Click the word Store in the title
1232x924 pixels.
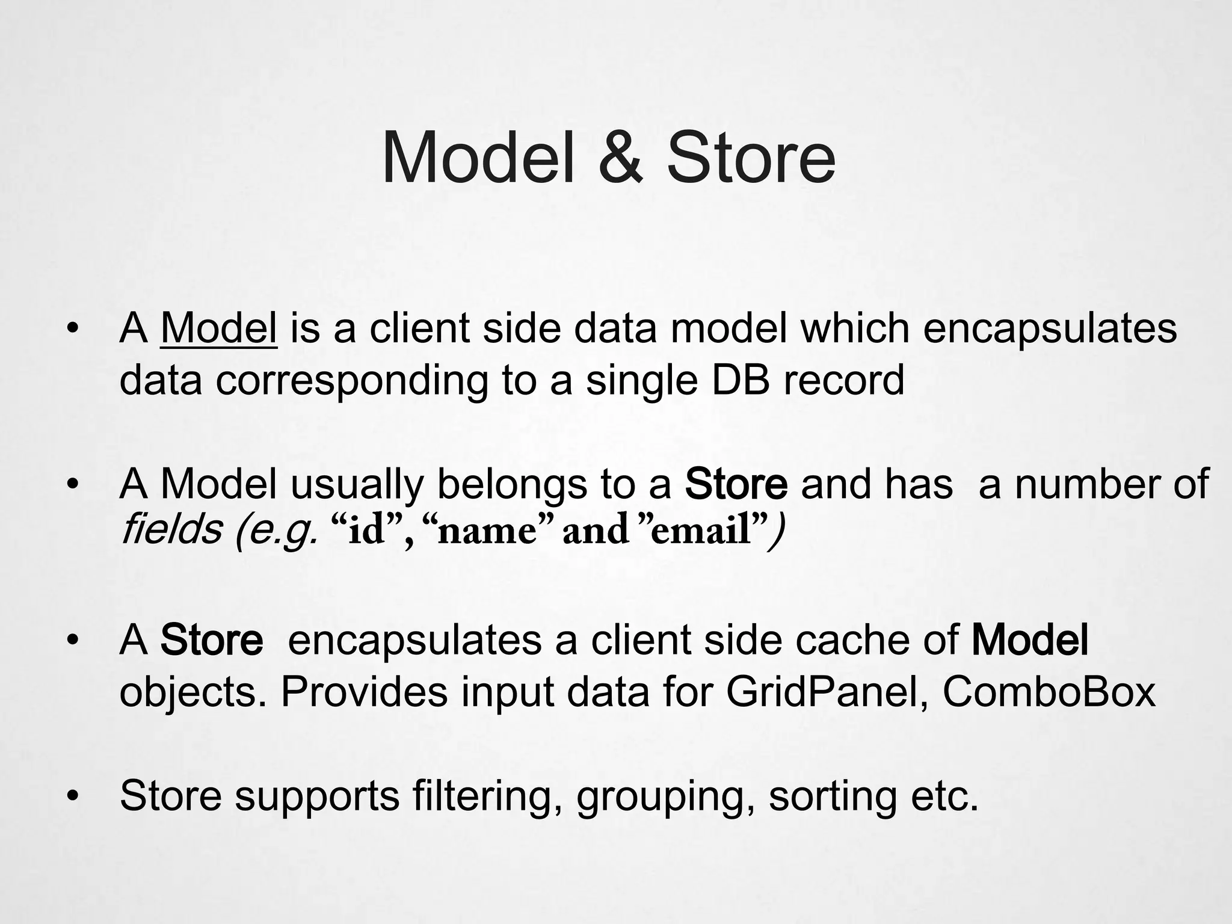tap(751, 158)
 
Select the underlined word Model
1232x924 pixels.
tap(219, 329)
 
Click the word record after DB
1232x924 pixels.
tap(843, 381)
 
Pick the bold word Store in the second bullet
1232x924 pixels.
tap(736, 484)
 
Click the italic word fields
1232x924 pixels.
tap(171, 530)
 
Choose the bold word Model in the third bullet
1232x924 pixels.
tap(1029, 640)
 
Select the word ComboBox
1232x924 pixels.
tap(1049, 692)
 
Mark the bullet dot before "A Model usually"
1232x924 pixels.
tap(73, 485)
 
